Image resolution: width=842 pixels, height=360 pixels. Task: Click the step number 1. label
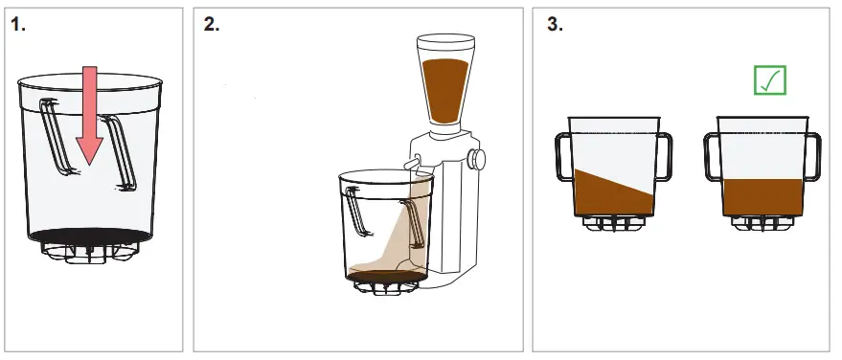tap(17, 25)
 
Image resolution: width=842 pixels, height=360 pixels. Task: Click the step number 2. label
tap(212, 25)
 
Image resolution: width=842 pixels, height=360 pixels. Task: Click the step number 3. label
tap(555, 25)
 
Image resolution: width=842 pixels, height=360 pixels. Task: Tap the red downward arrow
tap(88, 115)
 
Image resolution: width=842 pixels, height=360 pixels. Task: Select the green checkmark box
tap(769, 79)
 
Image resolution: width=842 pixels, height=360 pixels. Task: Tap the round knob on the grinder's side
tap(475, 158)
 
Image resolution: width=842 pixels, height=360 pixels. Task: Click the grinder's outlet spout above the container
tap(414, 165)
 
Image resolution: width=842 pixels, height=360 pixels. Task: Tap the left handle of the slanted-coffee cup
tap(561, 157)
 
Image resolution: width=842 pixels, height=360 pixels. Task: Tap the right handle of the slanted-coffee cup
tap(664, 157)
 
